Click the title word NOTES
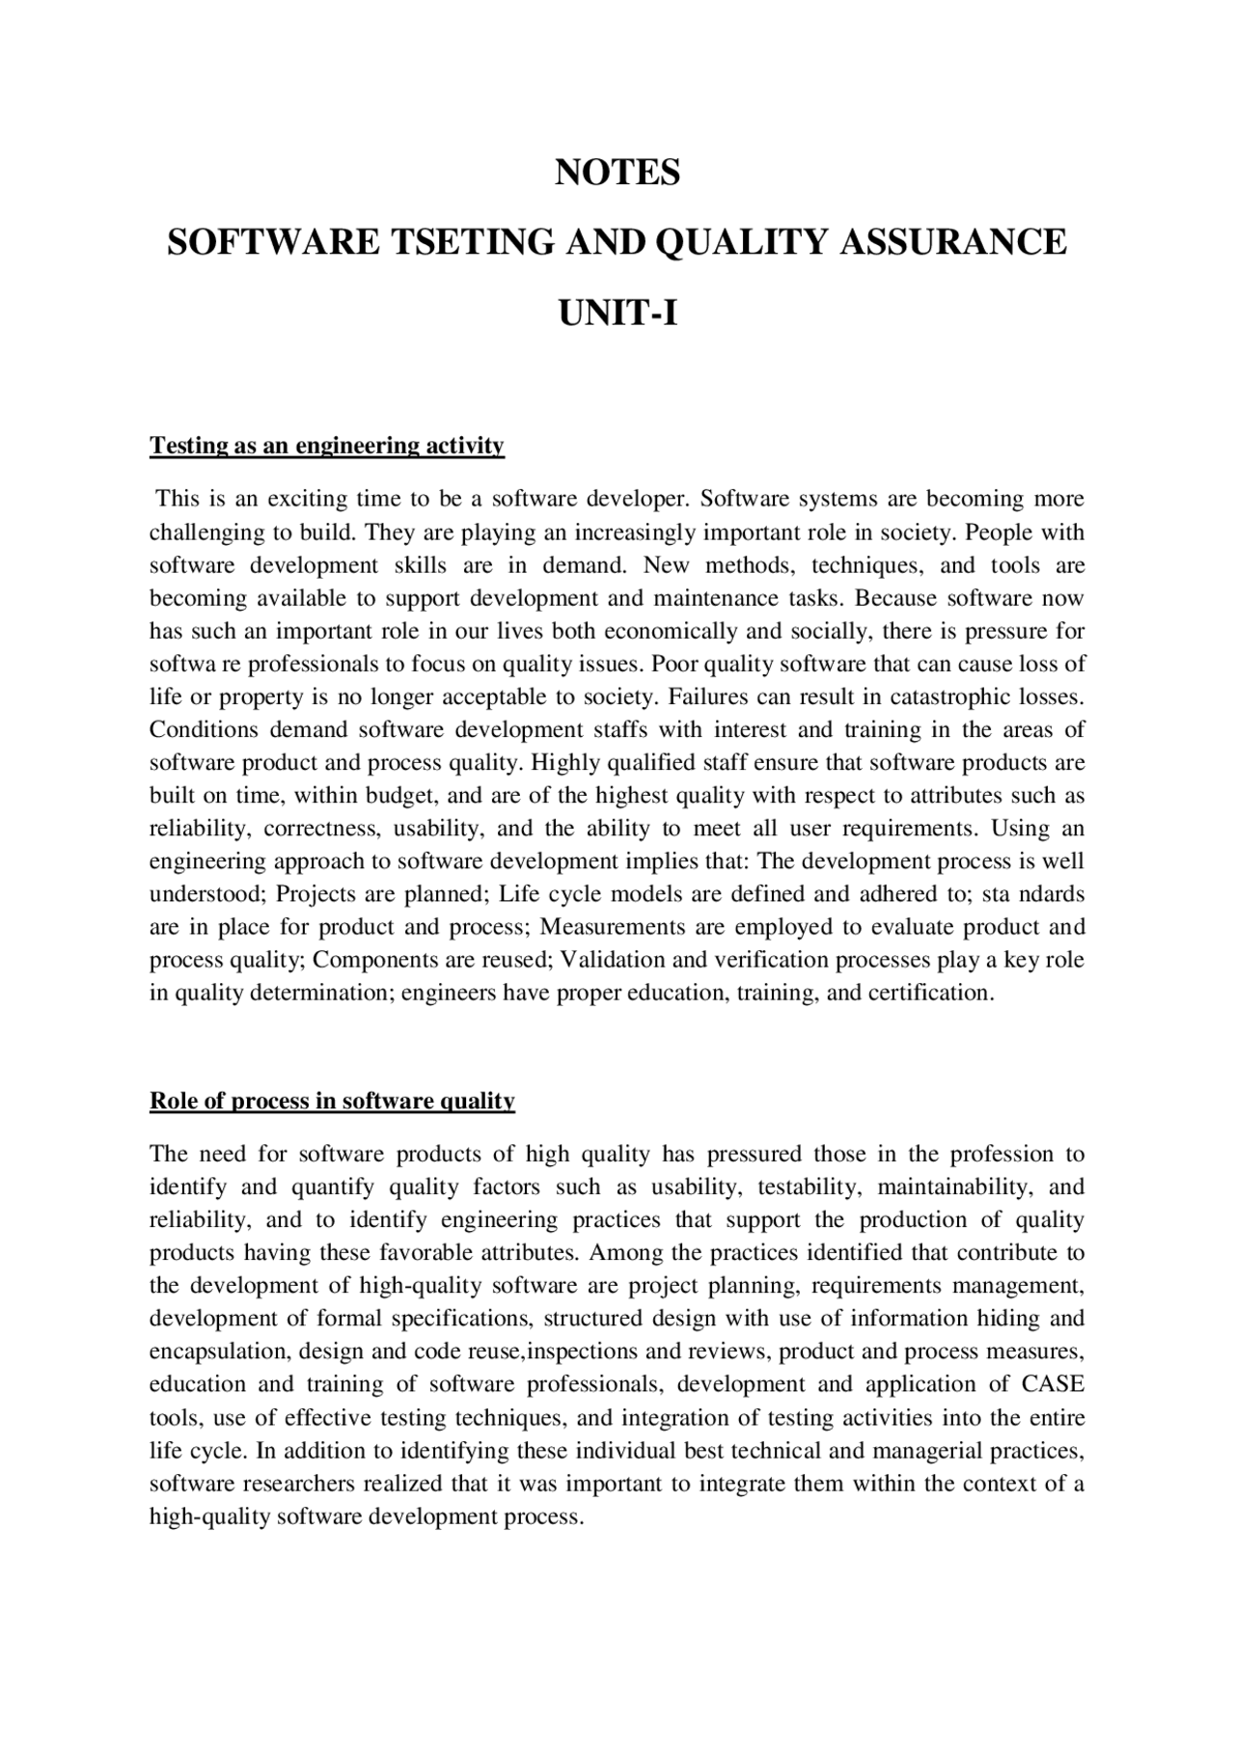point(617,173)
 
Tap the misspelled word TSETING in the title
point(470,241)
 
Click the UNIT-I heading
point(617,313)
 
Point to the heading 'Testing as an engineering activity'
point(326,446)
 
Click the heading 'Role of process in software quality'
point(332,1101)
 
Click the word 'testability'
point(805,1187)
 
